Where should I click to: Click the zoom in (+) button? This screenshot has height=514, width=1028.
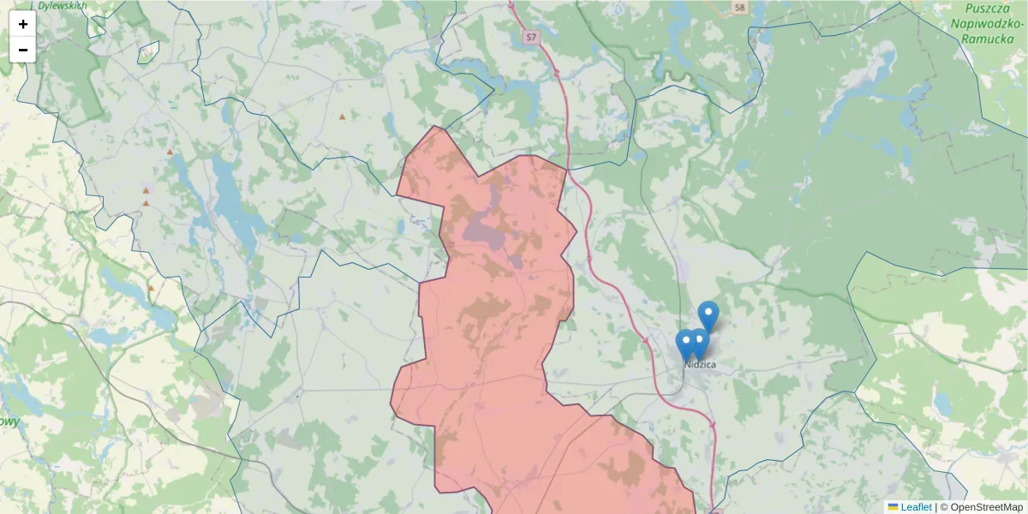click(x=23, y=24)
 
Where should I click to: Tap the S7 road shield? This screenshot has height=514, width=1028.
click(x=532, y=37)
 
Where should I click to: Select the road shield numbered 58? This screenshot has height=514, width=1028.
click(x=739, y=8)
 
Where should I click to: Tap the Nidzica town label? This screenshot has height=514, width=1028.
click(x=700, y=365)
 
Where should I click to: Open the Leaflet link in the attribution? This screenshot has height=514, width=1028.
click(x=916, y=507)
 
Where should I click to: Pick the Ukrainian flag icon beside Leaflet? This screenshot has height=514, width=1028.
click(x=894, y=507)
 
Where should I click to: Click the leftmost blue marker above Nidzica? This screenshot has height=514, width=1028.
click(x=685, y=344)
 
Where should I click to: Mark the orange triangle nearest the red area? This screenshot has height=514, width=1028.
click(x=343, y=117)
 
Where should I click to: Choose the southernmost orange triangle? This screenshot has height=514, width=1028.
click(x=152, y=288)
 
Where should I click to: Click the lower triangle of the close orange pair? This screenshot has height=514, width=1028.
click(x=146, y=204)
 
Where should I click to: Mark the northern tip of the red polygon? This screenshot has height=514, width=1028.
click(x=436, y=127)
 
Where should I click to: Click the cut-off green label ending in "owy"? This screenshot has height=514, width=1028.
click(x=9, y=422)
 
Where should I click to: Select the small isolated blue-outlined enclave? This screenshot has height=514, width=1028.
click(x=148, y=52)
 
